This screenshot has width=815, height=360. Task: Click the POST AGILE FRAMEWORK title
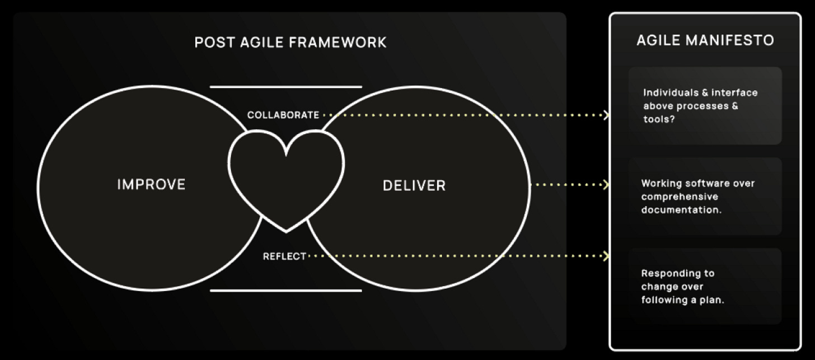click(x=290, y=42)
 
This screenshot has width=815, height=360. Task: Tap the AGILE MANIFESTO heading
click(x=705, y=40)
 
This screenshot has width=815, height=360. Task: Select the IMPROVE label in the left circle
click(x=151, y=184)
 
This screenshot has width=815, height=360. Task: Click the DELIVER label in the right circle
click(x=414, y=185)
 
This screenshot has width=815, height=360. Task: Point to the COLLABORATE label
click(x=283, y=115)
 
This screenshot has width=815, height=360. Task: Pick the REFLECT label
click(x=285, y=256)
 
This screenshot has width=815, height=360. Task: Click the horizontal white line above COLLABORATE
click(x=286, y=87)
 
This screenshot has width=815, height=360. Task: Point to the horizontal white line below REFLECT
click(x=286, y=291)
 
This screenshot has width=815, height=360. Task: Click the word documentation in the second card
click(x=679, y=210)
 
